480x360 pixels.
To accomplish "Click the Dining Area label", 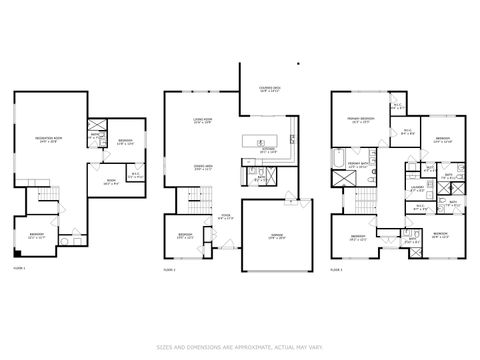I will click(202, 166).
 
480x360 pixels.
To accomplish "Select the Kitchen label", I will click(268, 150).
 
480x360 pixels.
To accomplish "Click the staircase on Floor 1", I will click(45, 196).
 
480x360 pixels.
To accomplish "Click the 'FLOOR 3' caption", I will click(335, 270).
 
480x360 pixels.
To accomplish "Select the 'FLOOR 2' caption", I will click(170, 270).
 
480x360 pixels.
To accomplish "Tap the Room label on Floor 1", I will click(110, 182).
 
